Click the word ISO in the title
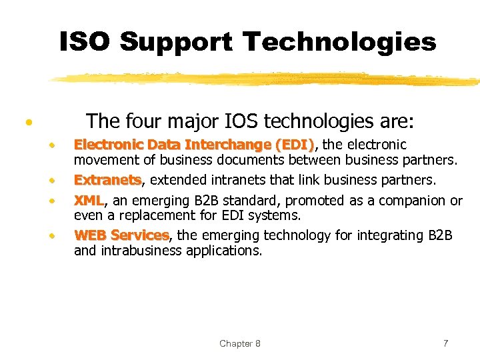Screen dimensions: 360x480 85,42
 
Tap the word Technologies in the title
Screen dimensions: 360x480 339,42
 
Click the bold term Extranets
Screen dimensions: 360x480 107,181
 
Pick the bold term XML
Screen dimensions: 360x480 88,201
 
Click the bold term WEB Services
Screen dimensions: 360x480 121,235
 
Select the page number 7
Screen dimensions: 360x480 445,343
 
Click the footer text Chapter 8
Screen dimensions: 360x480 240,343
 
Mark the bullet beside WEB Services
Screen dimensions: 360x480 51,236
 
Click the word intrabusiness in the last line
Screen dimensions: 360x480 139,251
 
